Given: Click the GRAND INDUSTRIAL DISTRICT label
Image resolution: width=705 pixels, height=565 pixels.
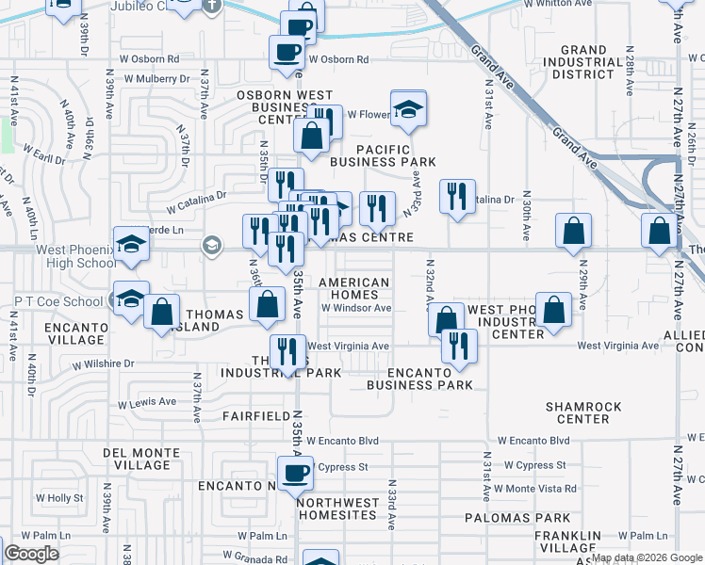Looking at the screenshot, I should pyautogui.click(x=596, y=62).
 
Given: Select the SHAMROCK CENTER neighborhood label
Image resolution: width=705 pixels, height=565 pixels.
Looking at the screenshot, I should pyautogui.click(x=583, y=412).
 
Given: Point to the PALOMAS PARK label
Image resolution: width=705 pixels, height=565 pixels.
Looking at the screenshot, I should pyautogui.click(x=517, y=518).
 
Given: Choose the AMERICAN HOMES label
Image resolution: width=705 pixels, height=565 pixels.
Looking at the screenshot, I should pyautogui.click(x=354, y=288).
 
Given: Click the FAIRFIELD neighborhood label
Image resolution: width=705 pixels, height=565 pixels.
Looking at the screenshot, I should pyautogui.click(x=255, y=415).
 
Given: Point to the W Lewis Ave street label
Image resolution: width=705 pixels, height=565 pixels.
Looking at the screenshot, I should pyautogui.click(x=147, y=402).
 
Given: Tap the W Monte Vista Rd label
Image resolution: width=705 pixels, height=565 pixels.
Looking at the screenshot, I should pyautogui.click(x=540, y=489).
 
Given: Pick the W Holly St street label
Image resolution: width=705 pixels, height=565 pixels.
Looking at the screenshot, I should pyautogui.click(x=65, y=498).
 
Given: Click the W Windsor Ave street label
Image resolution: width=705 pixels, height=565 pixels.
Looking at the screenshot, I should pyautogui.click(x=355, y=308).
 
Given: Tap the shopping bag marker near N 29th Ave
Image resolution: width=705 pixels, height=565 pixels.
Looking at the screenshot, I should pyautogui.click(x=553, y=309).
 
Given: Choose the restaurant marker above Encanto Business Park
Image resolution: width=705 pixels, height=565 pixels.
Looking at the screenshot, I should pyautogui.click(x=459, y=345).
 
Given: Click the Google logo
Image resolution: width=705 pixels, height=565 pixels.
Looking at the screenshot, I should pyautogui.click(x=31, y=555).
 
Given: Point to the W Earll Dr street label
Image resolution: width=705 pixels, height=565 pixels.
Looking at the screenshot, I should pyautogui.click(x=45, y=151).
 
